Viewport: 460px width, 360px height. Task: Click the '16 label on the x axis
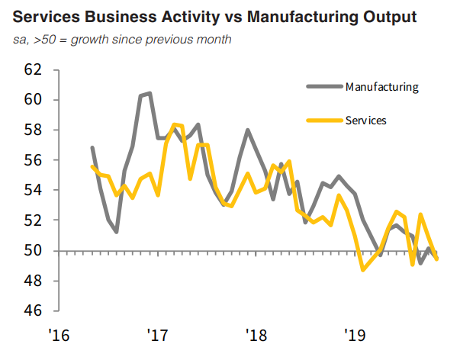tap(60, 335)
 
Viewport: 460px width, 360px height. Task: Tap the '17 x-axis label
tap(157, 335)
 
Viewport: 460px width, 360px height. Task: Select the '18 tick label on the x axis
tap(256, 335)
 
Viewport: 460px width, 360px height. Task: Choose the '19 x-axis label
tap(354, 335)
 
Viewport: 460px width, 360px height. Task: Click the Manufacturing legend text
tap(381, 86)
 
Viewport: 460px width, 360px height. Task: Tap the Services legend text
tap(365, 120)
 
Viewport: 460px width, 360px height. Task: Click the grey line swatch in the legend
tap(323, 86)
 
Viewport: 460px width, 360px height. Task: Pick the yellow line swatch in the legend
tap(323, 120)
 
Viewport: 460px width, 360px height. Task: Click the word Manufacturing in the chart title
tap(297, 16)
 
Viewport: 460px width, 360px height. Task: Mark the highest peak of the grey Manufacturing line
tap(149, 93)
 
